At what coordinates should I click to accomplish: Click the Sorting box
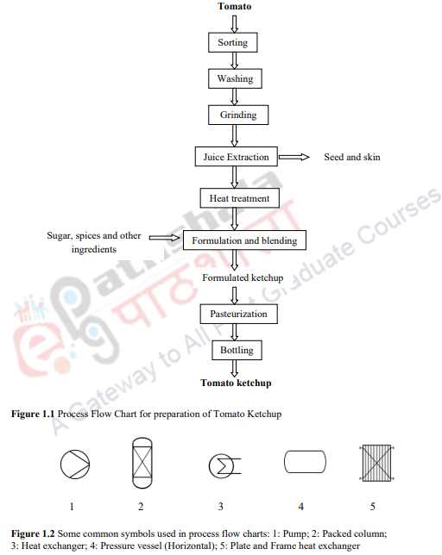[x=233, y=42]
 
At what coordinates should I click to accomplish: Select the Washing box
[x=235, y=78]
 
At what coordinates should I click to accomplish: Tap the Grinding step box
[x=237, y=115]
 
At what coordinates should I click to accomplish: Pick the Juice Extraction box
[x=236, y=158]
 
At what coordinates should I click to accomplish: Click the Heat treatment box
[x=239, y=198]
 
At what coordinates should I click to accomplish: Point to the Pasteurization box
[x=238, y=314]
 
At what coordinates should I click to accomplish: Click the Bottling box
[x=236, y=350]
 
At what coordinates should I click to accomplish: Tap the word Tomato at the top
[x=234, y=8]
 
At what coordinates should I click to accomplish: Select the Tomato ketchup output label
[x=236, y=383]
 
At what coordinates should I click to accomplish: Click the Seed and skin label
[x=351, y=158]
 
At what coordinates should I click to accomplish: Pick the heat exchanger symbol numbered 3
[x=221, y=466]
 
